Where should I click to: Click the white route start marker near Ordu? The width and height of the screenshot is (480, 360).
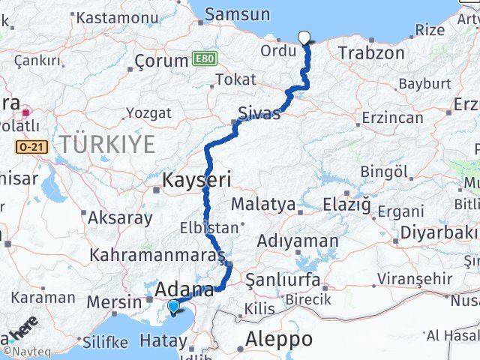(304, 36)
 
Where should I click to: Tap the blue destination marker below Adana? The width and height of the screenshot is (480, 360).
(174, 306)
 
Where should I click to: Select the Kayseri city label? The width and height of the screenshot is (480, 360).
(197, 179)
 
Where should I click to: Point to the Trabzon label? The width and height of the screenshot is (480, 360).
(371, 53)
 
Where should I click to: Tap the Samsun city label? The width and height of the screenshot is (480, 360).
(237, 13)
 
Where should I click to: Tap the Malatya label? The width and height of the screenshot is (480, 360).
(263, 204)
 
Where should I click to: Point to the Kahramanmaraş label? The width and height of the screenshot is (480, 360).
(157, 255)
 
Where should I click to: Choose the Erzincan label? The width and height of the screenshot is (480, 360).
(393, 118)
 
